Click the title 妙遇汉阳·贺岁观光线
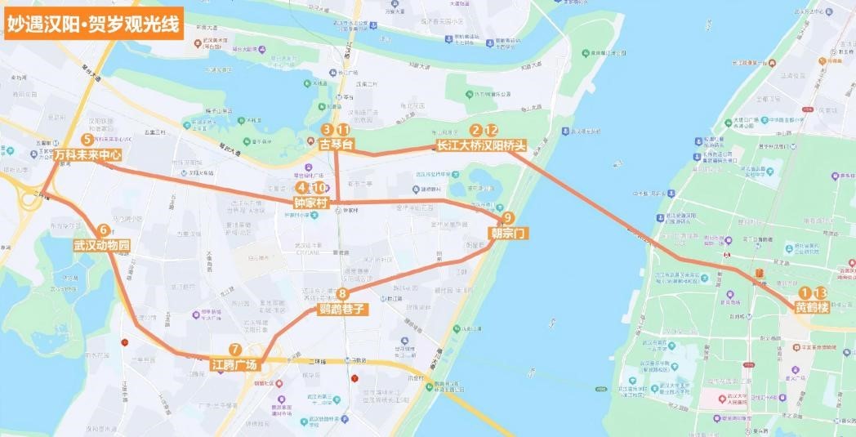click(91, 23)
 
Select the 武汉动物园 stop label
click(102, 244)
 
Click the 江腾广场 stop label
click(234, 363)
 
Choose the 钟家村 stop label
click(310, 202)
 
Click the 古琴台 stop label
click(335, 144)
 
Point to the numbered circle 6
click(103, 230)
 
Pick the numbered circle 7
click(235, 350)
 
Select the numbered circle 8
click(342, 294)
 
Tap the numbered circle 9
click(508, 218)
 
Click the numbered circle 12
click(491, 130)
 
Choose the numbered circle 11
click(344, 130)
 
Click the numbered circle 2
click(475, 130)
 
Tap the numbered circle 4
click(303, 188)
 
